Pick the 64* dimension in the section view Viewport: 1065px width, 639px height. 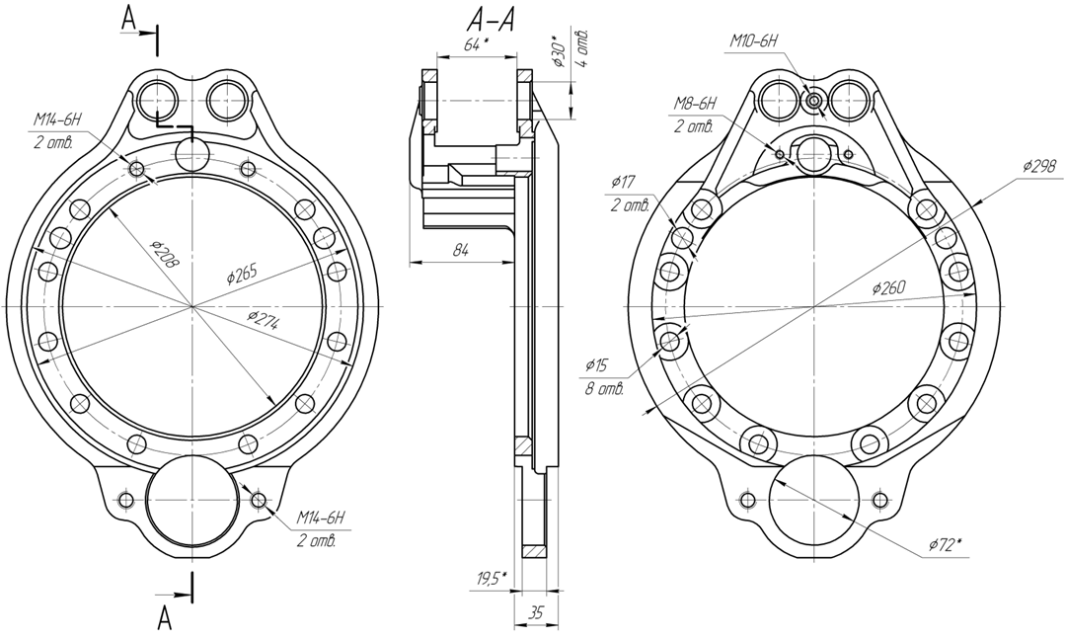476,44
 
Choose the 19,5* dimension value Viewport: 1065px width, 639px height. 492,579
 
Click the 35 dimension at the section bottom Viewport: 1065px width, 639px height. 535,612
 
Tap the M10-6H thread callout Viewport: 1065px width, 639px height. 753,41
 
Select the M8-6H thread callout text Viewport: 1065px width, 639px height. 695,104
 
